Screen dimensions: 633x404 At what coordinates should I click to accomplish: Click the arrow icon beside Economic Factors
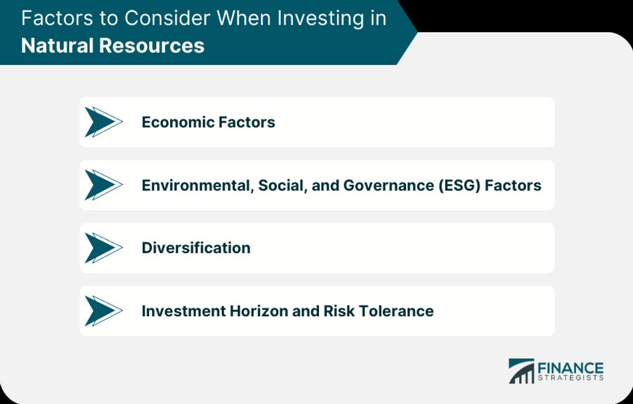click(x=104, y=122)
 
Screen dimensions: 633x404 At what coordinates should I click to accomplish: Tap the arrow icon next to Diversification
click(x=104, y=248)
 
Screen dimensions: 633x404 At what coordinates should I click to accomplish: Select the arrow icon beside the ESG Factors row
click(x=104, y=185)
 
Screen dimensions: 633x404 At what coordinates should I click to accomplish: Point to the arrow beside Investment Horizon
click(x=104, y=311)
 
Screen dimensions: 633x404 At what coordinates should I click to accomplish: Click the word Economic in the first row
click(x=173, y=122)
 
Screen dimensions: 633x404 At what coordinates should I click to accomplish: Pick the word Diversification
click(x=196, y=247)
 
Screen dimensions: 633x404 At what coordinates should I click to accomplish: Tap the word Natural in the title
click(x=57, y=45)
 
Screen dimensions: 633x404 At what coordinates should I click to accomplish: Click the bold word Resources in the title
click(x=151, y=45)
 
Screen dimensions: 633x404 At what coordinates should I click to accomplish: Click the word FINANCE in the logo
click(x=571, y=369)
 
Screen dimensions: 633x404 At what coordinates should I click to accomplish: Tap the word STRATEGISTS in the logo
click(x=571, y=378)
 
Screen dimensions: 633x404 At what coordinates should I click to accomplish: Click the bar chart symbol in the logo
click(x=521, y=371)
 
